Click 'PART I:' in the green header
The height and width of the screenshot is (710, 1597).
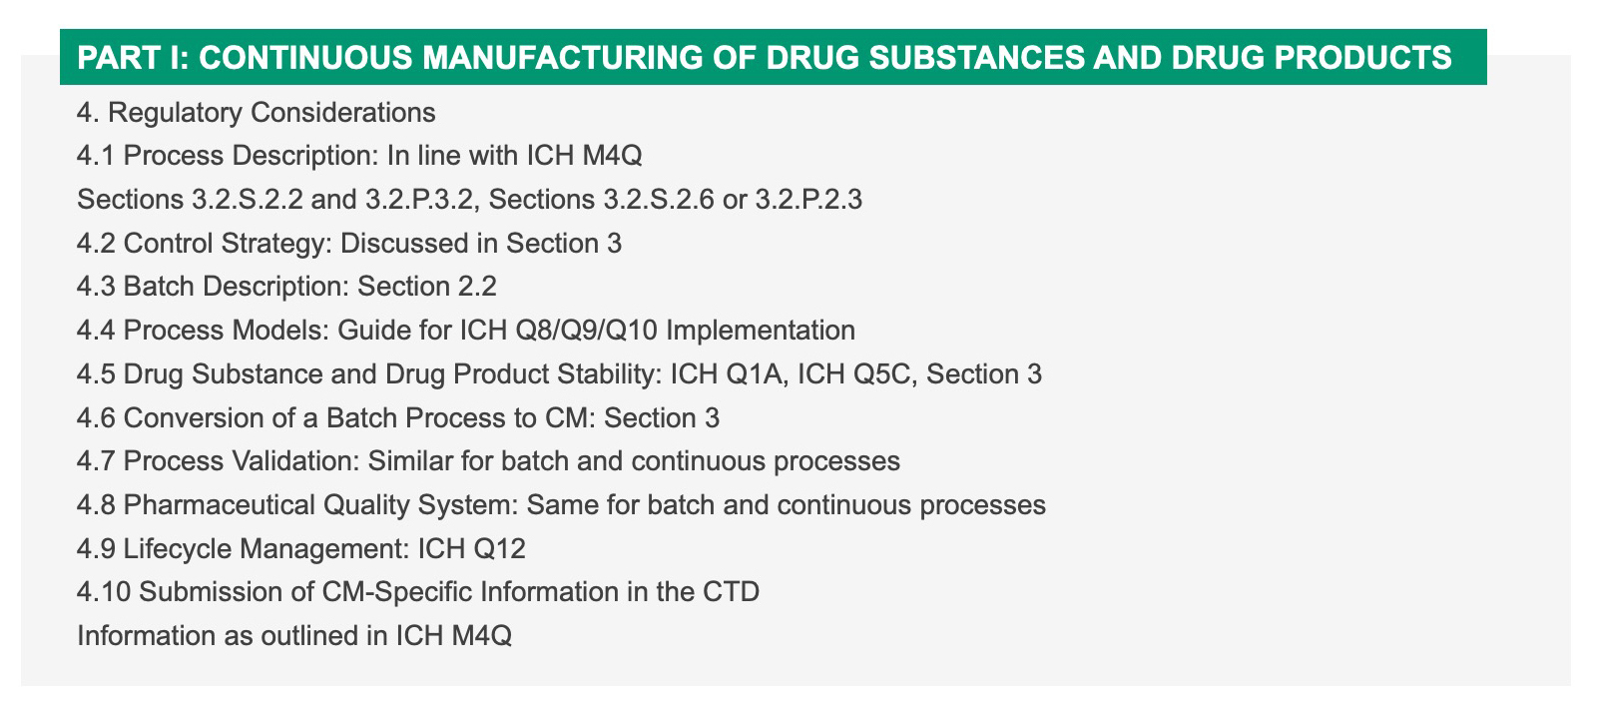click(133, 58)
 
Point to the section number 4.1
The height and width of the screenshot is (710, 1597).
click(96, 156)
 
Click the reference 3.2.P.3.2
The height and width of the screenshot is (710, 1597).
click(419, 200)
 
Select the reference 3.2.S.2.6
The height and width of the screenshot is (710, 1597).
click(659, 200)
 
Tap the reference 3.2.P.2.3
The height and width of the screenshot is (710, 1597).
click(808, 200)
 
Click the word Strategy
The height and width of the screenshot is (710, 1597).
click(276, 244)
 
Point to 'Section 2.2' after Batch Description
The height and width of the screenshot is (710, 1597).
click(426, 287)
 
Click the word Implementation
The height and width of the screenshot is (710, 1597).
click(760, 332)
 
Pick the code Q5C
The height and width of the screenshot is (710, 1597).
click(883, 374)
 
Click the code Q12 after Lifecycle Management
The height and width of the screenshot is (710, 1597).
click(498, 549)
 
